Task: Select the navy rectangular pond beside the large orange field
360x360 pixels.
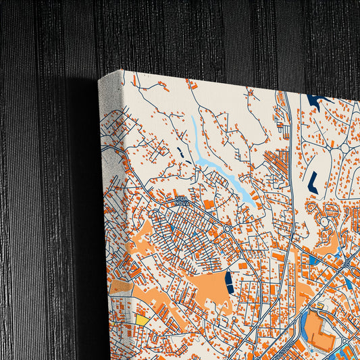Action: tap(229, 281)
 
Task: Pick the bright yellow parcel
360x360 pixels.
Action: tap(142, 319)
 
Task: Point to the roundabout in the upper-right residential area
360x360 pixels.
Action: tap(344, 147)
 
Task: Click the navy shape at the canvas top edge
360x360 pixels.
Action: tap(315, 101)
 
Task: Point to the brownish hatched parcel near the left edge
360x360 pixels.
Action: tap(120, 286)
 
